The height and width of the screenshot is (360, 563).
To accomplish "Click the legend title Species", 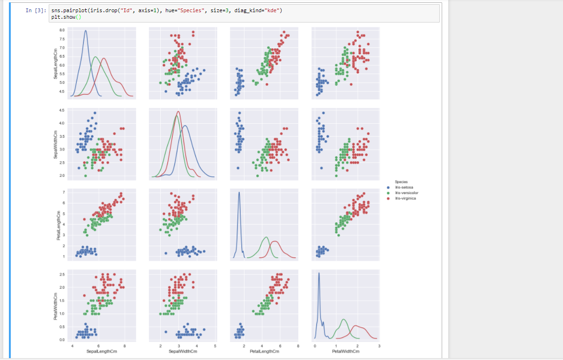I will [x=401, y=182].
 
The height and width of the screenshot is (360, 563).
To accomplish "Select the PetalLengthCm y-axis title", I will [x=55, y=225].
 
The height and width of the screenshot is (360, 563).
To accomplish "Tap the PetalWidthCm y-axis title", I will [x=55, y=306].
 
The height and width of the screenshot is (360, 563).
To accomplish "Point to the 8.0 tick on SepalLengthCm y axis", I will [x=62, y=30].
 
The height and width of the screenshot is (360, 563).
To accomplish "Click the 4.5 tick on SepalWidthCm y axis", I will [x=62, y=110].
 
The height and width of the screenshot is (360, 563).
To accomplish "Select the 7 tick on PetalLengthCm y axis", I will [x=64, y=192].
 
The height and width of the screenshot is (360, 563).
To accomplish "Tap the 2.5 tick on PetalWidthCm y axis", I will [x=62, y=274].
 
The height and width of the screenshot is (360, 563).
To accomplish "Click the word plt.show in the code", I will [x=63, y=17].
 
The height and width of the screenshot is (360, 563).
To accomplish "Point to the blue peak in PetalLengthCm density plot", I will [x=239, y=192].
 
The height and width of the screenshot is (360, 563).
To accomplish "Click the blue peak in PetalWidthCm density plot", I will [x=319, y=273].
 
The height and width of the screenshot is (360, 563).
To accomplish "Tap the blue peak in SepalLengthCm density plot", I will [x=86, y=31].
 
